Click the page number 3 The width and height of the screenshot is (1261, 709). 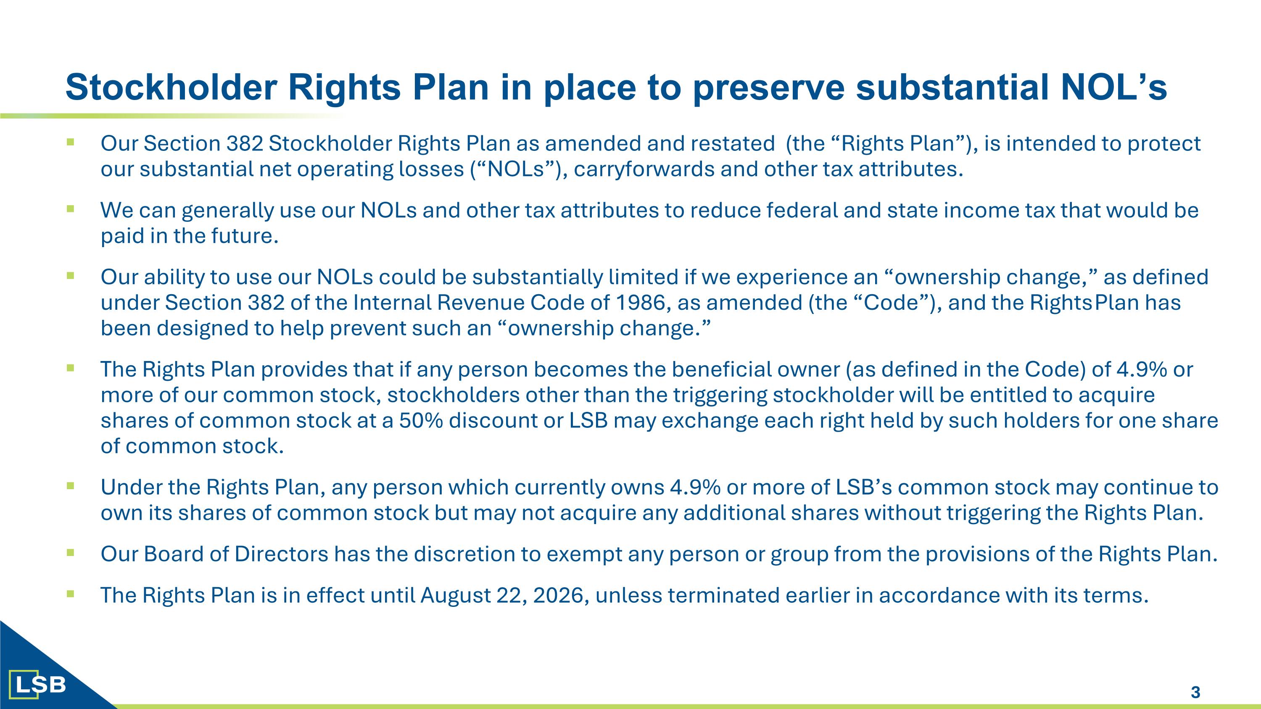pyautogui.click(x=1195, y=692)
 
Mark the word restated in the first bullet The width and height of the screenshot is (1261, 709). pyautogui.click(x=732, y=144)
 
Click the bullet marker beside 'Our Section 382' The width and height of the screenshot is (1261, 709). pyautogui.click(x=71, y=142)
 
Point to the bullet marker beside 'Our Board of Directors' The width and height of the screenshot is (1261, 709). pyautogui.click(x=71, y=553)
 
